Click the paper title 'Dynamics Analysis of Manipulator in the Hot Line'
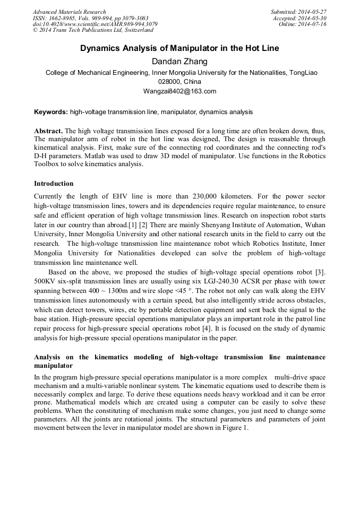pos(179,48)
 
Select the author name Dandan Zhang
pos(179,62)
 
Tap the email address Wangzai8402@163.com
pos(179,91)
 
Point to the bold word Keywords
pos(50,112)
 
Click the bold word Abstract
pos(48,131)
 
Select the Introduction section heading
pos(54,184)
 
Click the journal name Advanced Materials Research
pos(69,12)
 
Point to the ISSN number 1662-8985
pos(62,18)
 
